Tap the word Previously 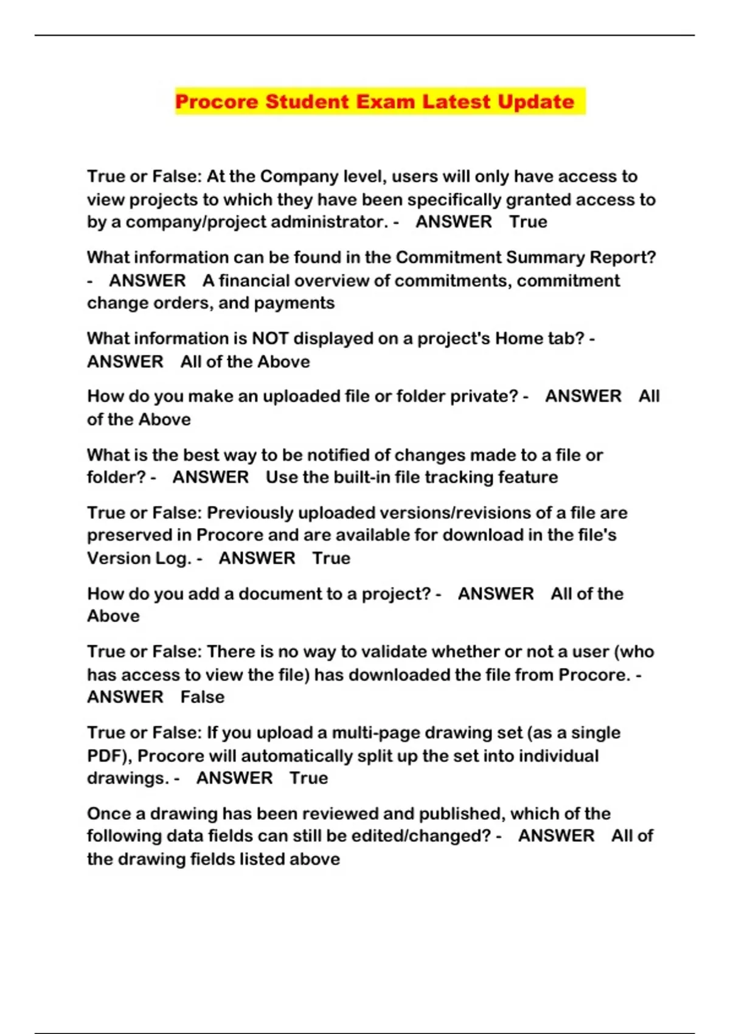point(249,513)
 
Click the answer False point(202,697)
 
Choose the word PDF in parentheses point(106,756)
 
